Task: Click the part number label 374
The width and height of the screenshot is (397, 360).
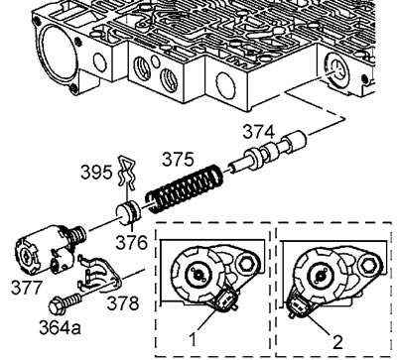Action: pos(259,132)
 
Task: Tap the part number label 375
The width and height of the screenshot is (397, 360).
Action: pos(178,160)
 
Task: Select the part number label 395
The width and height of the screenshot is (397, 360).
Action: pos(96,173)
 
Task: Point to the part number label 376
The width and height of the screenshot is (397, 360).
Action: pos(131,242)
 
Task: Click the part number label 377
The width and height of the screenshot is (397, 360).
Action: pos(27,287)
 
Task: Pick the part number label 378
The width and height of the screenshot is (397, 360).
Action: pos(122,303)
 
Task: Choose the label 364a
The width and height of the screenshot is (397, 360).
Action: pos(60,327)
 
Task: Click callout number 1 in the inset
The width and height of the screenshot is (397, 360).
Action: pos(194,339)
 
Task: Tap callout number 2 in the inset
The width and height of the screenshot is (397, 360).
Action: pos(337,342)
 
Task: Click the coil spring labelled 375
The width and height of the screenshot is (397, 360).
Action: pos(185,187)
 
